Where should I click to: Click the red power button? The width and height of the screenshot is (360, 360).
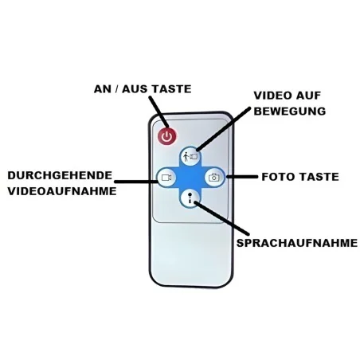coord(167,137)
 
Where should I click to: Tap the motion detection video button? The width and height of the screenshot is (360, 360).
coord(190,156)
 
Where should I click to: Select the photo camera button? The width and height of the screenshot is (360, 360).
coord(214,178)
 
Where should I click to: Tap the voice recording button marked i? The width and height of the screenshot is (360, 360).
coord(190,198)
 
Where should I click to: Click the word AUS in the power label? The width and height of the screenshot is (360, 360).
coord(134,89)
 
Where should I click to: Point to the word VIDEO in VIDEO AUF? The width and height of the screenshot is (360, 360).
coord(271,96)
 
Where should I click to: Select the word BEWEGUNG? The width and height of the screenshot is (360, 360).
coord(290,112)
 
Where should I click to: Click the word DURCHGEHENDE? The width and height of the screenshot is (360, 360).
coord(60,175)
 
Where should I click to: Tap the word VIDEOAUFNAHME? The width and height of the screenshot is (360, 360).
coord(62,191)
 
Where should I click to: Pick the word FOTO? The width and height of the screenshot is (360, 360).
coord(276,177)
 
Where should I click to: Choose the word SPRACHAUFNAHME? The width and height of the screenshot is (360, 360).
coord(297,243)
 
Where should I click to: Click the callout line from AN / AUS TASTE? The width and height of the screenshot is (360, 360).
coord(158,112)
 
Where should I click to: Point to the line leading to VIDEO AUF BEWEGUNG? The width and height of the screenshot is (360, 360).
coord(224,129)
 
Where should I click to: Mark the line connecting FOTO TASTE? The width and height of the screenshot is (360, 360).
coord(241,177)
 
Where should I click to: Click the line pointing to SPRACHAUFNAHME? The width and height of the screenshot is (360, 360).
coord(221,218)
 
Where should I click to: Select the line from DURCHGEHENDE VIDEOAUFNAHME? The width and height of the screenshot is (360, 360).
coord(136,182)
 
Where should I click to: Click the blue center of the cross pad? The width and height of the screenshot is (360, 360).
coord(190,178)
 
